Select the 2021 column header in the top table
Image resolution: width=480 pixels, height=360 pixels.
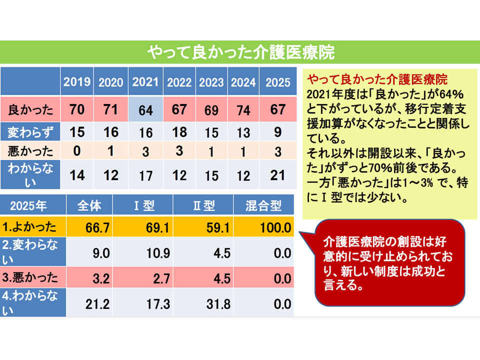click(x=145, y=82)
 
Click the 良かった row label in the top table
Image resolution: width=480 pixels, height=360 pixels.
click(x=30, y=108)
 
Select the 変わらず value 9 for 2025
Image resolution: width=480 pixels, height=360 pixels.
click(x=277, y=132)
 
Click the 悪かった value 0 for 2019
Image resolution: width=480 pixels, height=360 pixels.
click(x=77, y=151)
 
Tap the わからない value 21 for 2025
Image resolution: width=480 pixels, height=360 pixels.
click(x=277, y=175)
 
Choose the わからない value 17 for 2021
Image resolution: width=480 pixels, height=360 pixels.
click(x=145, y=175)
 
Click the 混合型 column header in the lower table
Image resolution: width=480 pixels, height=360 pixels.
click(x=263, y=205)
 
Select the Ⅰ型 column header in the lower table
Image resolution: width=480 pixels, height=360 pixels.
click(x=143, y=205)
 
